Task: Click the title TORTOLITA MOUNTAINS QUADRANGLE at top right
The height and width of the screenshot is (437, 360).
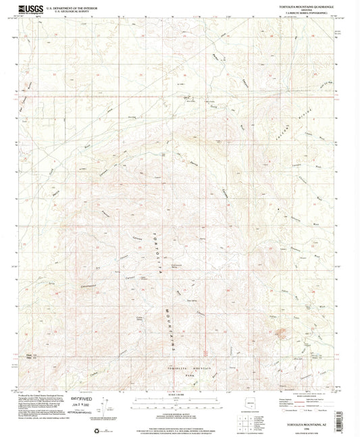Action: coord(304,6)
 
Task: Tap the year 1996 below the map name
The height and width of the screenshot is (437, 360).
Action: coord(308,428)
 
